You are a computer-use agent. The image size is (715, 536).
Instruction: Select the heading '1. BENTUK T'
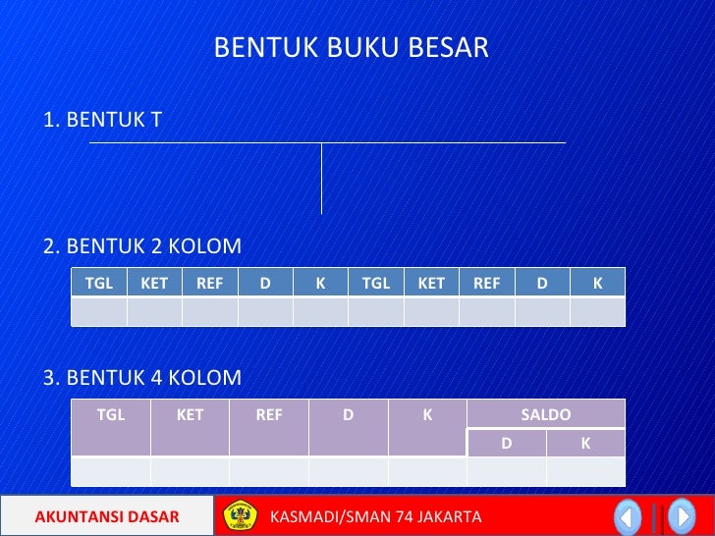102,120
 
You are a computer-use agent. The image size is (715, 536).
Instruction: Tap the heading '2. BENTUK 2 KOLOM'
142,245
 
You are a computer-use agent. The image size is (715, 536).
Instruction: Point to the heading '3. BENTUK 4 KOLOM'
142,378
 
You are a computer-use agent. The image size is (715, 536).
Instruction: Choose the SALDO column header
545,414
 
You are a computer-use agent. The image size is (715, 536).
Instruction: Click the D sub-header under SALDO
506,443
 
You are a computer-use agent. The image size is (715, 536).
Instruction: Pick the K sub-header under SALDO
585,443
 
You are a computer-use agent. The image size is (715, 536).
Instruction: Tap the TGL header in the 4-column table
111,415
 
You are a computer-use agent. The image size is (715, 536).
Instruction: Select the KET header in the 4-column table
190,415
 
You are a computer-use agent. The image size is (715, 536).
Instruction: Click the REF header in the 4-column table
269,415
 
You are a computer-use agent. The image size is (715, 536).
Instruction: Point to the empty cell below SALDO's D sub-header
506,471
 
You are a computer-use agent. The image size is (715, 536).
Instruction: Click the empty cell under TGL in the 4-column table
111,471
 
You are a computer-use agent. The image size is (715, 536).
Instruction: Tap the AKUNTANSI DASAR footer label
107,516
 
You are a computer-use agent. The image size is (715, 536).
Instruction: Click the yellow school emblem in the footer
239,516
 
